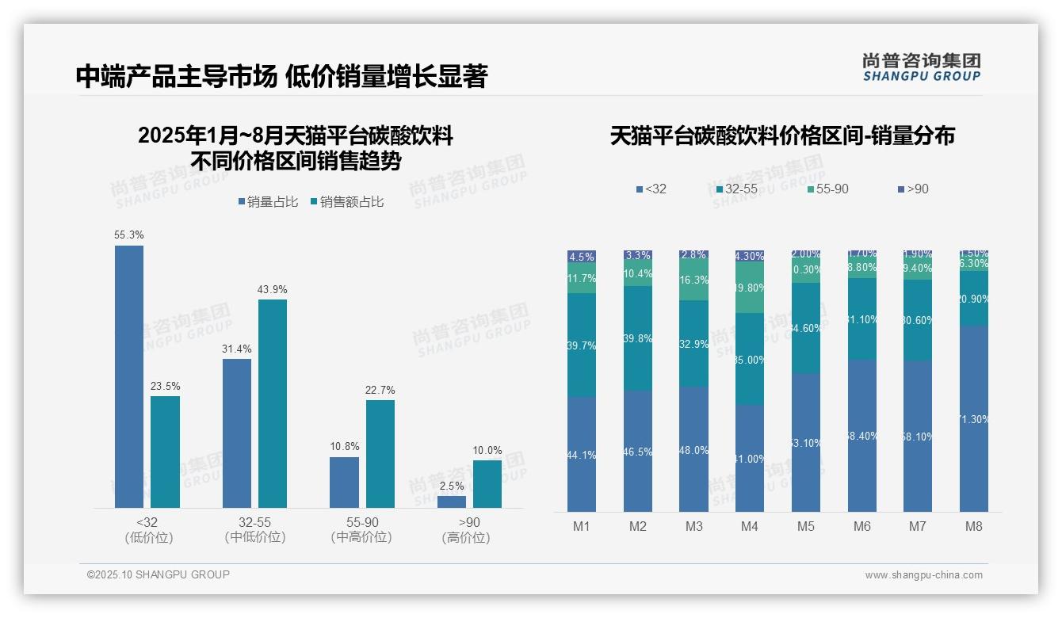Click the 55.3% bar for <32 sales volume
click(x=129, y=376)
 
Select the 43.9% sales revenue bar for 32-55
click(x=273, y=403)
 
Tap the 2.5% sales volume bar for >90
click(x=452, y=502)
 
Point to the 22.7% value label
click(x=380, y=390)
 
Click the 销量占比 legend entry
click(x=268, y=202)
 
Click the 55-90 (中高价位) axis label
click(x=361, y=530)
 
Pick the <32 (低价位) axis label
click(x=148, y=530)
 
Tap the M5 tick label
click(x=806, y=526)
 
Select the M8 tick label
click(x=974, y=526)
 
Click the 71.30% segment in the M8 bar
click(x=974, y=418)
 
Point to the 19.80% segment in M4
click(x=750, y=288)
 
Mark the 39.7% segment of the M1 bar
click(x=582, y=345)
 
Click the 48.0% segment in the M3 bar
click(x=693, y=449)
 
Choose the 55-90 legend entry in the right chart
click(x=828, y=189)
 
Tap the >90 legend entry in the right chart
click(x=913, y=189)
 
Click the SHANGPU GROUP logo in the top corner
click(x=922, y=67)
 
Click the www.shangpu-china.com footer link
click(x=923, y=575)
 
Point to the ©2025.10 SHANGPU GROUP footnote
click(x=159, y=574)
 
